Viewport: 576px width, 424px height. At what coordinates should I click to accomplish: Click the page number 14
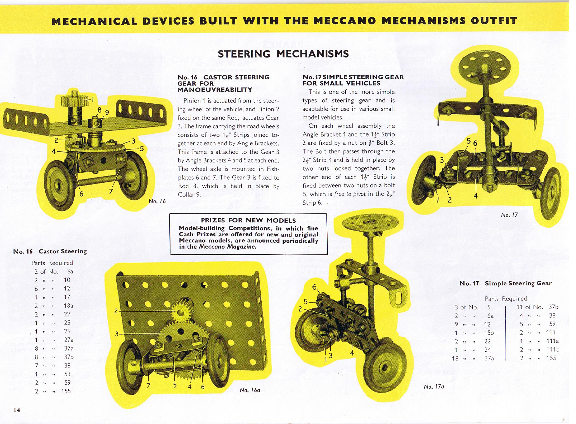click(16, 410)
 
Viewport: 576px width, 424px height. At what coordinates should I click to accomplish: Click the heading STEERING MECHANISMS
click(283, 54)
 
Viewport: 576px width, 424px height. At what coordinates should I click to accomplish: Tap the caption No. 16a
click(250, 390)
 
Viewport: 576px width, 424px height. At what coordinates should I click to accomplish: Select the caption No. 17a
click(434, 386)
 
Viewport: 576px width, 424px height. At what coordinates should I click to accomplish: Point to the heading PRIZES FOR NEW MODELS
click(248, 220)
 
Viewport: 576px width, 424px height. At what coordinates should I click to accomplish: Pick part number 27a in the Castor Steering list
click(68, 340)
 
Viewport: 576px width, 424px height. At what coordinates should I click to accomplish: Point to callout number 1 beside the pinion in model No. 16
click(93, 99)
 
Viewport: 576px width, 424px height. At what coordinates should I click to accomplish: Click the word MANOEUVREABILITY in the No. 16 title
click(215, 90)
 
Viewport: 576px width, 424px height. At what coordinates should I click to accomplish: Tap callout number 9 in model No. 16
click(106, 112)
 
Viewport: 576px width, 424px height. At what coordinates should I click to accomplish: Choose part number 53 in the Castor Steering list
click(67, 374)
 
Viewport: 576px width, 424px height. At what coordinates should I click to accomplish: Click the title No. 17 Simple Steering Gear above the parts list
click(505, 283)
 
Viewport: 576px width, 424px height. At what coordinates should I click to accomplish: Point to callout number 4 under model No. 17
click(476, 196)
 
